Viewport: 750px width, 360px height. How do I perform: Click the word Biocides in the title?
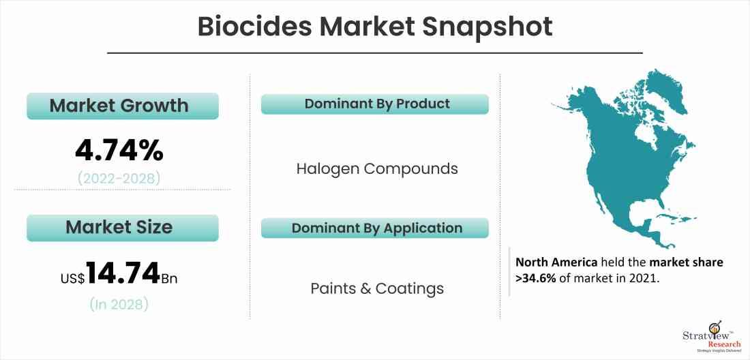pyautogui.click(x=254, y=27)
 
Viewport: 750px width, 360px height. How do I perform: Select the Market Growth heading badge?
pyautogui.click(x=123, y=106)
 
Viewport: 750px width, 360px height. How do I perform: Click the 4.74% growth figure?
pyautogui.click(x=119, y=151)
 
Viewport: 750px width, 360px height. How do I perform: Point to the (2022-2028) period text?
pyautogui.click(x=119, y=179)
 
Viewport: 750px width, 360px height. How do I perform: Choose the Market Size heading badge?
pyautogui.click(x=123, y=228)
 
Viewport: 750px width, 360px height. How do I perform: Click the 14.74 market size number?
pyautogui.click(x=123, y=274)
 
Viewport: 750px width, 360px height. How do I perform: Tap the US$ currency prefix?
pyautogui.click(x=73, y=279)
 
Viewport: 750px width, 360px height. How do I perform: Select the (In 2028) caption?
pyautogui.click(x=119, y=303)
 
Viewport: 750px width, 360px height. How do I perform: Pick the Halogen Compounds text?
pyautogui.click(x=377, y=169)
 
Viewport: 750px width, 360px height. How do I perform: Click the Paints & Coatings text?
pyautogui.click(x=377, y=289)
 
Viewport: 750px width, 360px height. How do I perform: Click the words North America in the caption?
pyautogui.click(x=557, y=262)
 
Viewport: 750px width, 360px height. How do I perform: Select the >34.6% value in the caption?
pyautogui.click(x=536, y=279)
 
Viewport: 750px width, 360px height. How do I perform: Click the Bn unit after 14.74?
pyautogui.click(x=169, y=278)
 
